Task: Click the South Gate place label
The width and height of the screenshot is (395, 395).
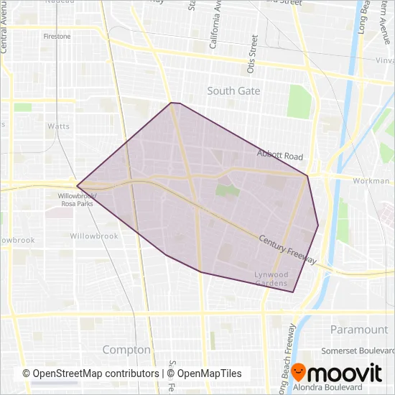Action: (x=233, y=91)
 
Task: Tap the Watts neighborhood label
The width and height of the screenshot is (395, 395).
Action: (x=58, y=126)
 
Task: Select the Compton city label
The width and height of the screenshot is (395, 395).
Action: (x=126, y=350)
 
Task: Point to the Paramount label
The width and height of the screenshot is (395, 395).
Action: (x=359, y=330)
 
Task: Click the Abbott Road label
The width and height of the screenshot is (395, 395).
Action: (x=280, y=156)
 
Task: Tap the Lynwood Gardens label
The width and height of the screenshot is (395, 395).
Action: (x=271, y=279)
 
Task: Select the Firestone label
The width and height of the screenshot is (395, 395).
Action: (x=57, y=36)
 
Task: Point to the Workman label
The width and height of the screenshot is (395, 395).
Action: (x=371, y=180)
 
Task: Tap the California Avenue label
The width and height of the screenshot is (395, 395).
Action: (x=213, y=32)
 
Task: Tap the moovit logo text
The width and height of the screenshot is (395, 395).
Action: (x=346, y=373)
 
